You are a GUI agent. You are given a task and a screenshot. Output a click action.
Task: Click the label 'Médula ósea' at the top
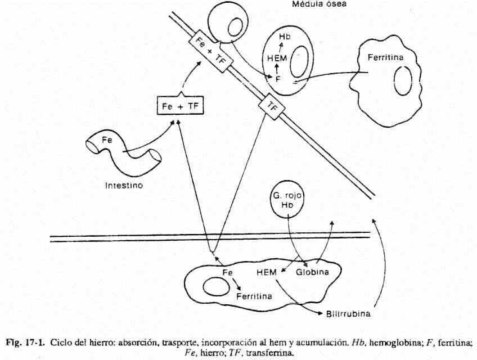(319, 4)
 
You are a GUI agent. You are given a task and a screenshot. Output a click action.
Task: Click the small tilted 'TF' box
(272, 107)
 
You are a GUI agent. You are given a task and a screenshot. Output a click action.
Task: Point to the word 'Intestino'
(124, 184)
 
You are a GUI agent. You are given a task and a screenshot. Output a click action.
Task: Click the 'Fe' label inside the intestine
(107, 141)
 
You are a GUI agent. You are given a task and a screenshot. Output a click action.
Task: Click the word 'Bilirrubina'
(348, 313)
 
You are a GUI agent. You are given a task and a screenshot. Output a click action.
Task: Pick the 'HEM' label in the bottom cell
(266, 272)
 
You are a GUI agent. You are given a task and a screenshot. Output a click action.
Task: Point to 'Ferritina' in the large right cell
(385, 57)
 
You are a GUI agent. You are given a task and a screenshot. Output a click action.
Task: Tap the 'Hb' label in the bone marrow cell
(284, 37)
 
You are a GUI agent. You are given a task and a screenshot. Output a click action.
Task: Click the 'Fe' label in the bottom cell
(227, 272)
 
